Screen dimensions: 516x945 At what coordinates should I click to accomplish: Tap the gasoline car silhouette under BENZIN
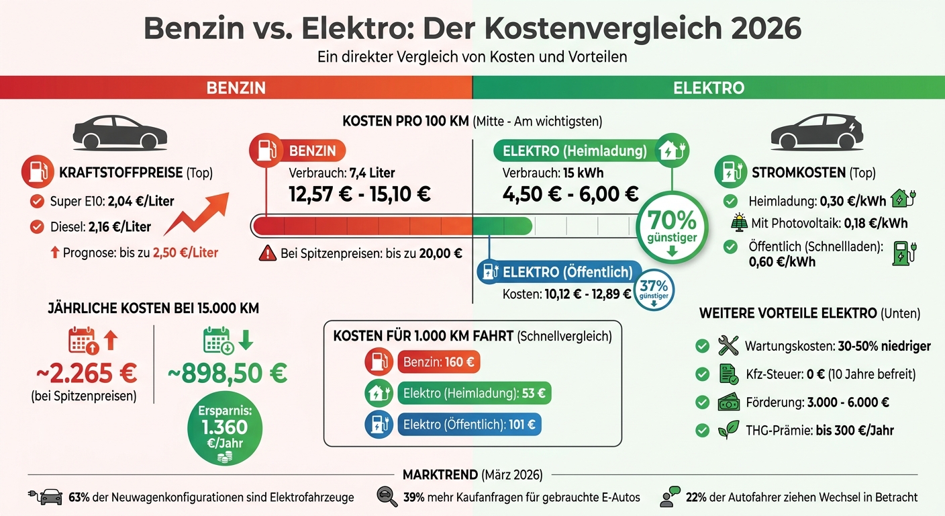120,132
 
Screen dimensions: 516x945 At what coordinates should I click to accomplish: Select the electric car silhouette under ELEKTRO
815,132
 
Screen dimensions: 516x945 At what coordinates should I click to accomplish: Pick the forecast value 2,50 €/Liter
185,253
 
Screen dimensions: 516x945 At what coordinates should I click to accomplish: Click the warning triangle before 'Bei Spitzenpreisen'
268,253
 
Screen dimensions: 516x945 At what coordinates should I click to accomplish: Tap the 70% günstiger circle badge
672,224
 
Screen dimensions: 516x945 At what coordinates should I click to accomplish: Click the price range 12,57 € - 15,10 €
360,194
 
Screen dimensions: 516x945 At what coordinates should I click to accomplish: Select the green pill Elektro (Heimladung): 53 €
474,393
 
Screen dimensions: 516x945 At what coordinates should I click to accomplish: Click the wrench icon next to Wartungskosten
728,346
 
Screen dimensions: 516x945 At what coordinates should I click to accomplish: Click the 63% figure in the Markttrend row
80,497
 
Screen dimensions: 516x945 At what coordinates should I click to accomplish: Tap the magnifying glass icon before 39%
388,497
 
